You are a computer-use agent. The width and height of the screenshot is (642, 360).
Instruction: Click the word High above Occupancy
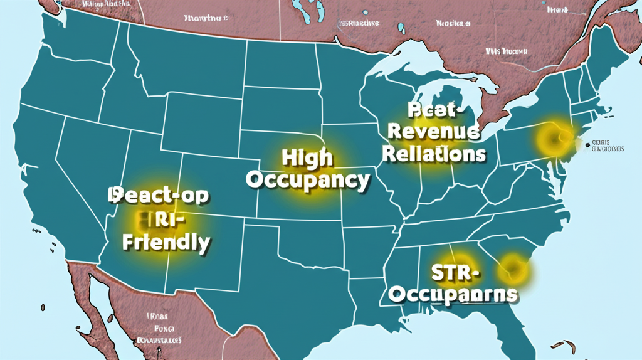pos(307,158)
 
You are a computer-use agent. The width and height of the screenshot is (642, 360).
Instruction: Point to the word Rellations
pos(433,153)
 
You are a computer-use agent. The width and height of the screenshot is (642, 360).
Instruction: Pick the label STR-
pos(455,273)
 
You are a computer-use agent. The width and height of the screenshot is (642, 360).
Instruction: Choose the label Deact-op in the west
pos(160,195)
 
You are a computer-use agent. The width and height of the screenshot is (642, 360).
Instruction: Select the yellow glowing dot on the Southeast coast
pos(513,269)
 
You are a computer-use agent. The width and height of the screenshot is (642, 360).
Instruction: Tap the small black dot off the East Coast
pos(588,145)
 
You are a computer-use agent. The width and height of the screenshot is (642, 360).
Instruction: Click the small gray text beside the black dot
pos(609,146)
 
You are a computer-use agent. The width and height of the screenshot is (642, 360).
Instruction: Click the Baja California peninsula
pos(88,295)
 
